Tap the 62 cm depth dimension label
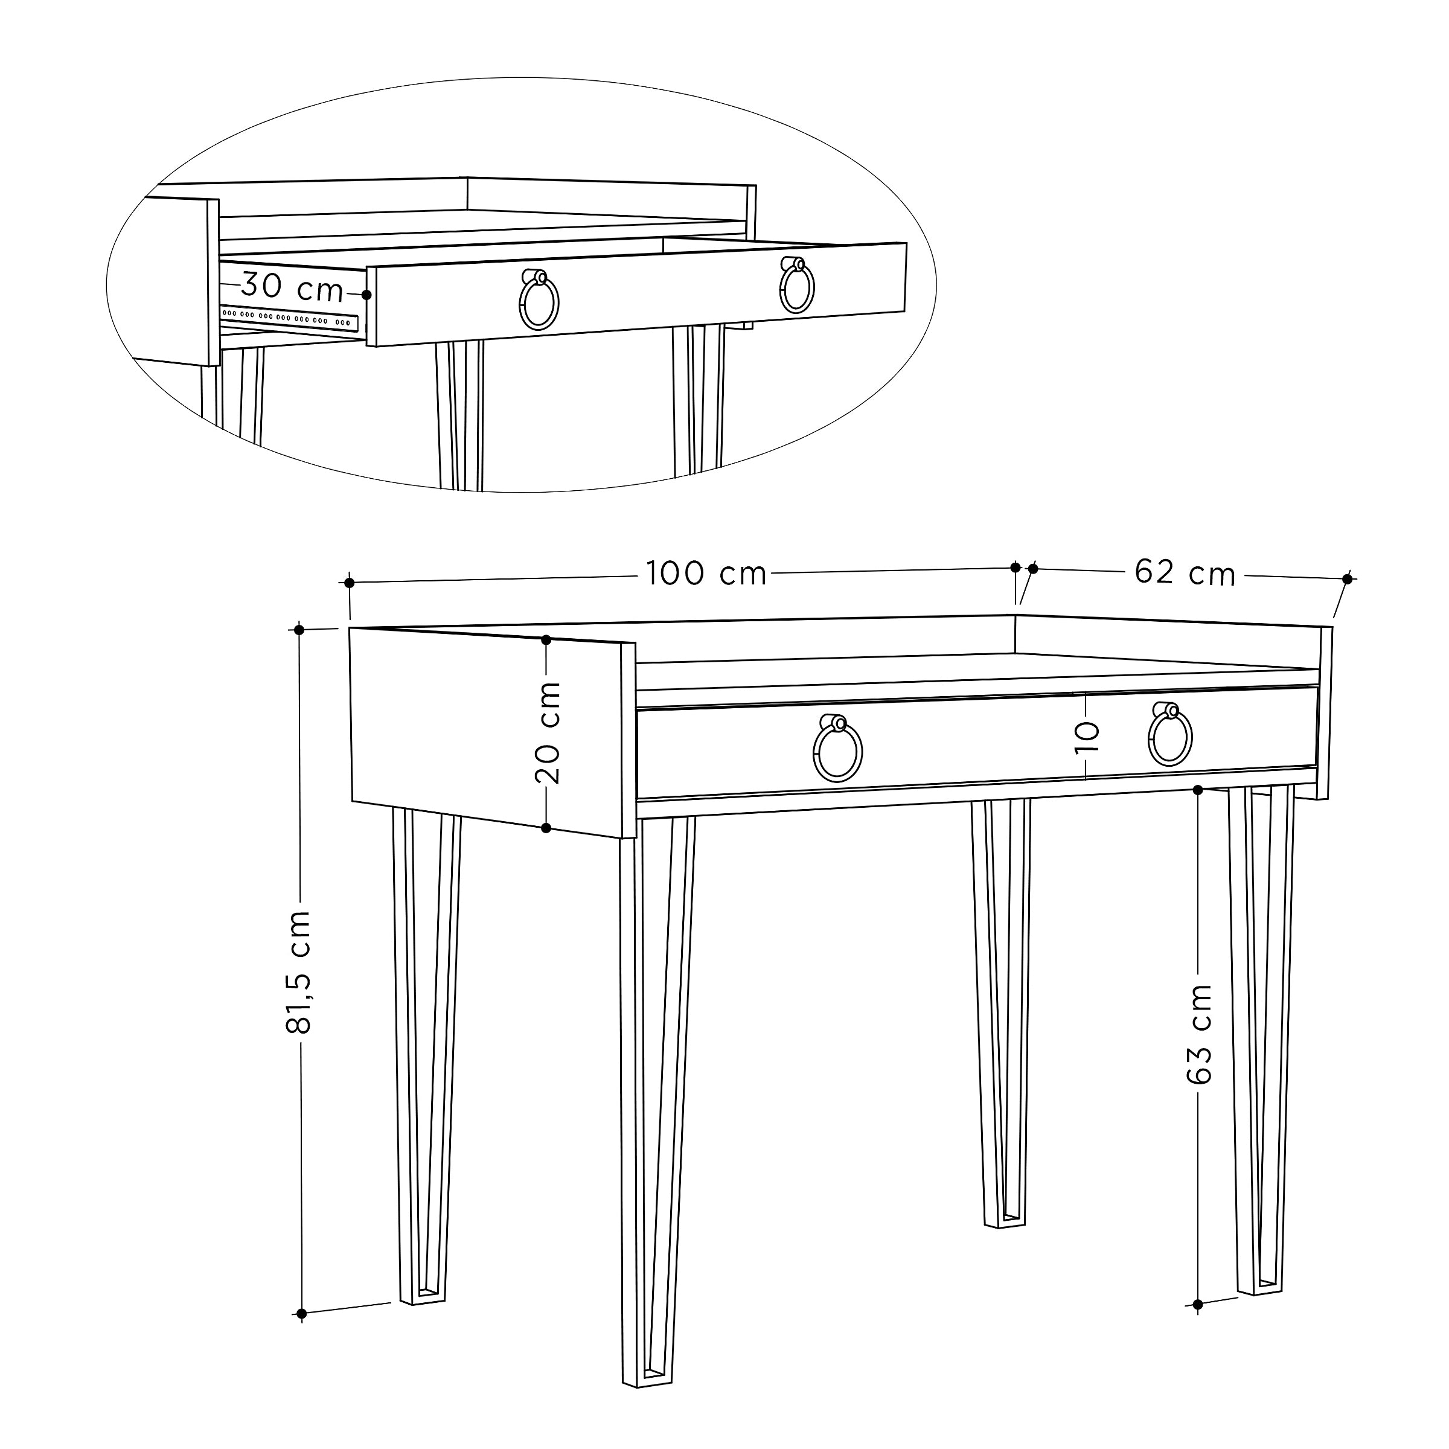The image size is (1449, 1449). [x=1185, y=573]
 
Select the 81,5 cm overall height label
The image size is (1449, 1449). [x=300, y=973]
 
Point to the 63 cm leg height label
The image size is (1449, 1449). [x=1199, y=1034]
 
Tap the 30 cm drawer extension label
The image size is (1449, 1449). [x=292, y=287]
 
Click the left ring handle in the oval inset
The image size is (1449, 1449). [x=539, y=301]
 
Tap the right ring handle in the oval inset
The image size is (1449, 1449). [x=796, y=287]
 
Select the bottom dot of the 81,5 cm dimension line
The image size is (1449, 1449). [x=301, y=1313]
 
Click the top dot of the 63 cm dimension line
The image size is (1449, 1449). [x=1198, y=790]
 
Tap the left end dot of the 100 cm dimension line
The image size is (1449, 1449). [x=350, y=583]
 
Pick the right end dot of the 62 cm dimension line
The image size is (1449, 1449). [x=1347, y=579]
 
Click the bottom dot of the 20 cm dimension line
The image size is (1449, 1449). [x=546, y=828]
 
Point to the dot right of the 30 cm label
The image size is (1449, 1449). [x=366, y=295]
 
